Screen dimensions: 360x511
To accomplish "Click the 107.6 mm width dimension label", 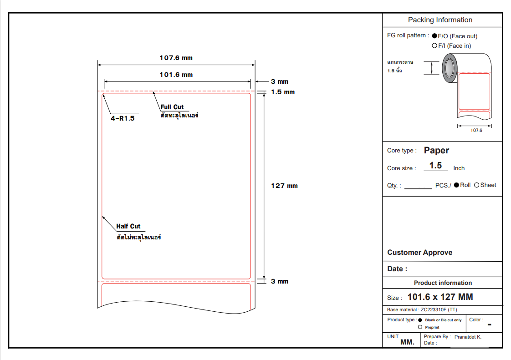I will [176, 58].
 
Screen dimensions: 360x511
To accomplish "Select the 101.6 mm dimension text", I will [176, 75].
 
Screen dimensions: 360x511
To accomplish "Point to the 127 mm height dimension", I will [284, 186].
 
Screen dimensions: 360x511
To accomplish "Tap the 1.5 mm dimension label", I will [283, 92].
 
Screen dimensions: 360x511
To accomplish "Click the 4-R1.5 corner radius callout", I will [123, 118].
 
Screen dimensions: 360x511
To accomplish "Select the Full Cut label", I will [172, 107].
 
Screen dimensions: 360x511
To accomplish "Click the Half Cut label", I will [128, 226].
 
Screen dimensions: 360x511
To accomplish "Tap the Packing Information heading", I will [440, 20].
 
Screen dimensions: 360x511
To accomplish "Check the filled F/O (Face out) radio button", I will [434, 36].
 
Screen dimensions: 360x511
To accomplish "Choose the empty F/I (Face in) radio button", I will [434, 46].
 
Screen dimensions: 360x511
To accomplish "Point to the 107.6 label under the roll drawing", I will [476, 130].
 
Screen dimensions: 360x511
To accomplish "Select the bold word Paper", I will [436, 150].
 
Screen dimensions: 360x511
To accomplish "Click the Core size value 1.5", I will [435, 166].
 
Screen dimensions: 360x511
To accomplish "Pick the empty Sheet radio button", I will [477, 185].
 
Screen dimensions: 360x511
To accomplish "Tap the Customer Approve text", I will [419, 253].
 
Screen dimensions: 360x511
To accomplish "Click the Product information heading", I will [443, 283].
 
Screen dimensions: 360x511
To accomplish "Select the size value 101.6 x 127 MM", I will [440, 297].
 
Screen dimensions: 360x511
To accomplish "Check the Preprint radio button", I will [420, 327].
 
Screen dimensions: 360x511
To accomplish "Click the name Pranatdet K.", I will [468, 337].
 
